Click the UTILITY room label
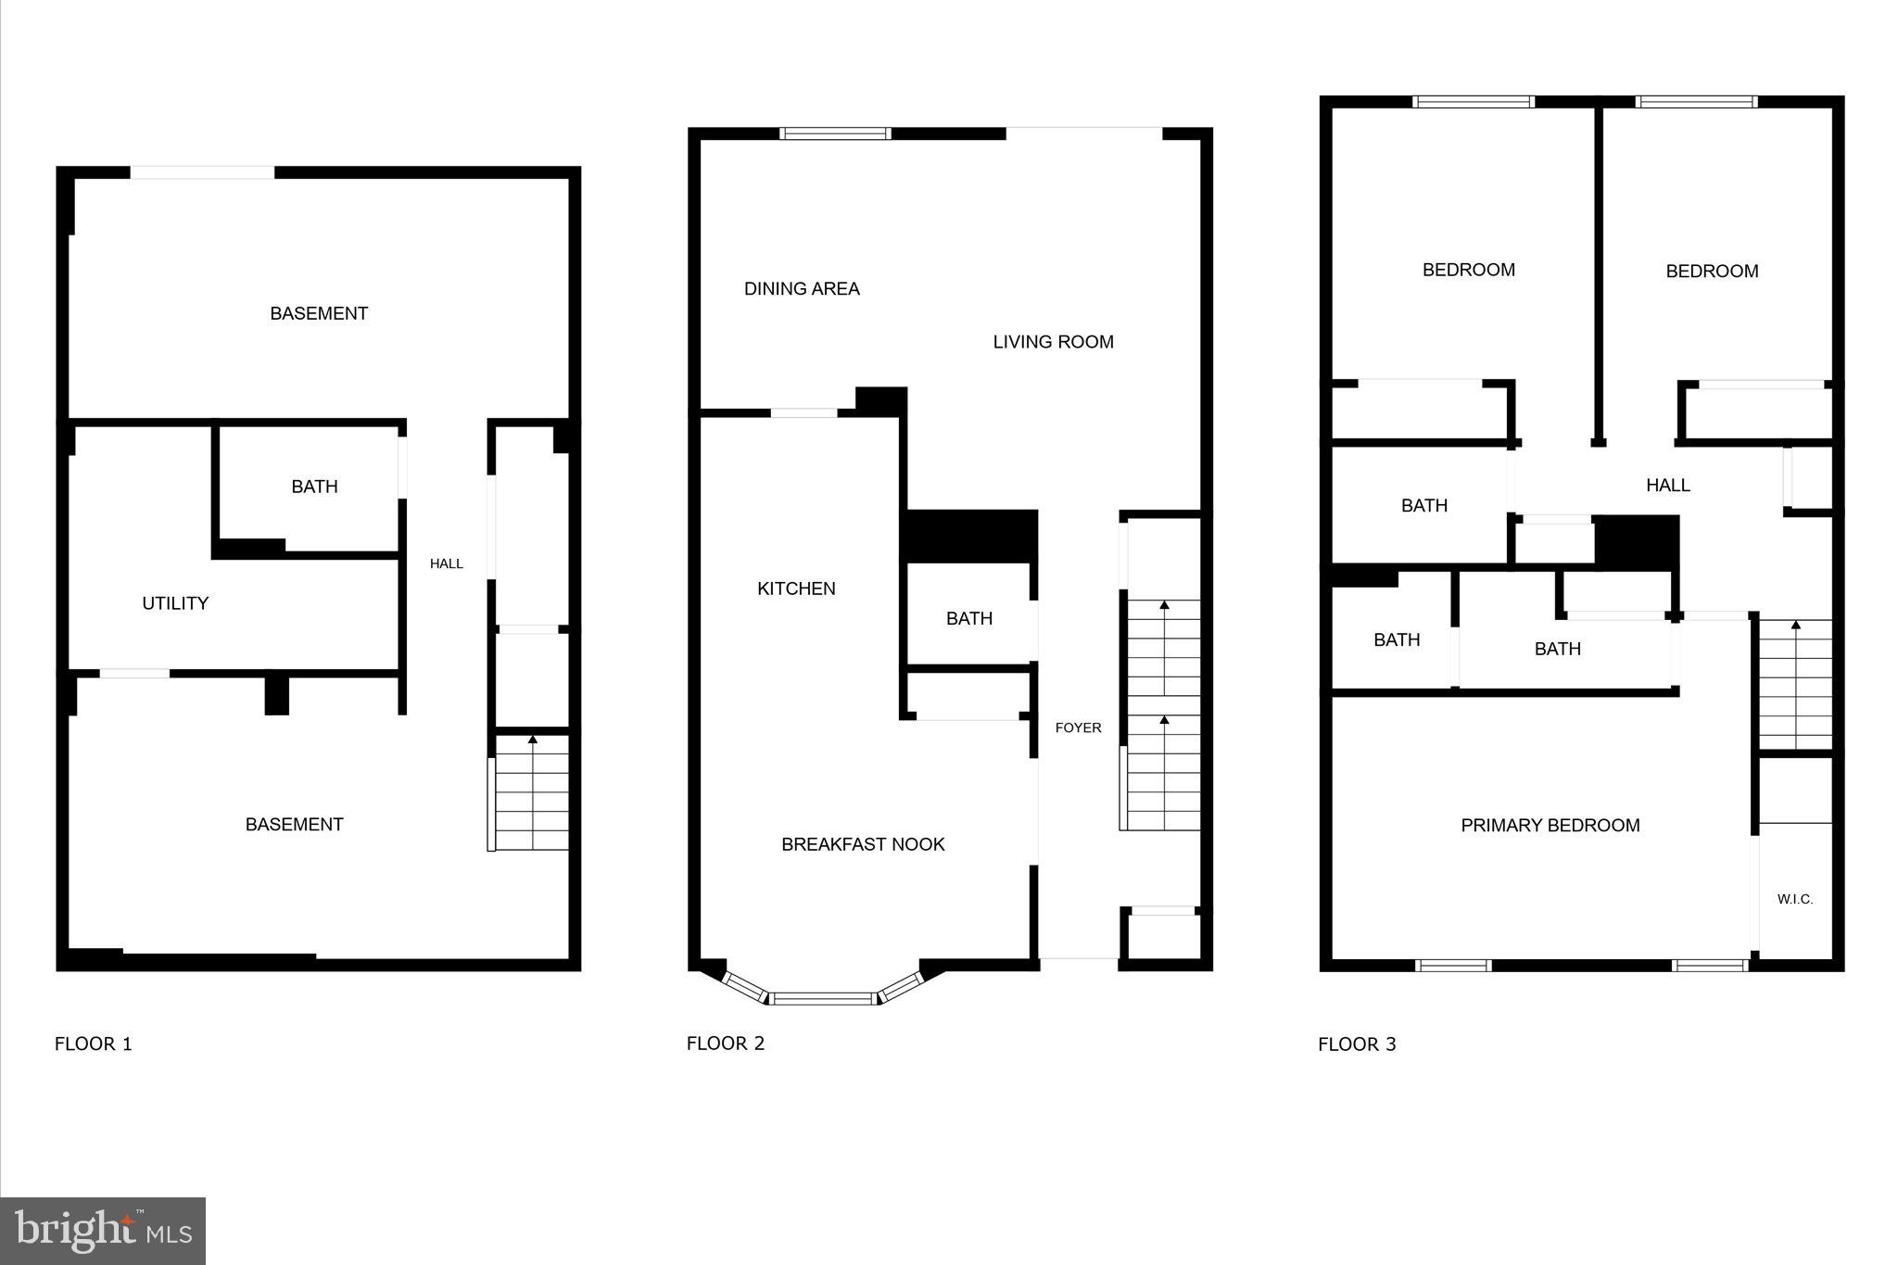(x=175, y=603)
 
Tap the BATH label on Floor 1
(x=314, y=487)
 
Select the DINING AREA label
(x=802, y=289)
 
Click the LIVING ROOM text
(x=1053, y=342)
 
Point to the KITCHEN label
(x=796, y=588)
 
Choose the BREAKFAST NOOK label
(x=863, y=844)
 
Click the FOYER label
(x=1078, y=727)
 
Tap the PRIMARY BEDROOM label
(x=1550, y=825)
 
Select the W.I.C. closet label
(x=1794, y=899)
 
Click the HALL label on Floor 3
(x=1667, y=485)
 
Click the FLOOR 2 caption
(x=725, y=1044)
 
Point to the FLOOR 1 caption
(x=94, y=1044)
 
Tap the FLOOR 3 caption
(x=1357, y=1044)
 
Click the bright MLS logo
(x=103, y=1231)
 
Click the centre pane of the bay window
(x=824, y=998)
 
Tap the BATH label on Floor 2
(x=968, y=618)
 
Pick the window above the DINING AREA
(x=835, y=133)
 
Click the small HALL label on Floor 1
(x=446, y=563)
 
